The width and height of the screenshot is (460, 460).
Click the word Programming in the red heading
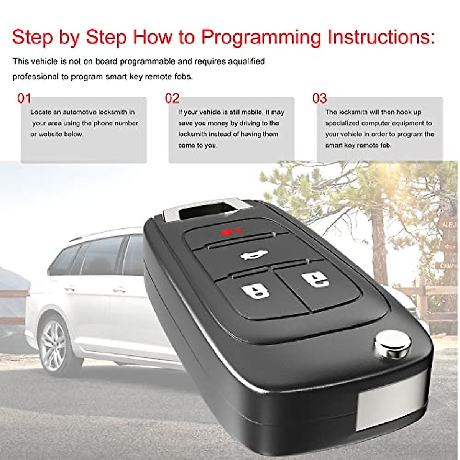click(261, 38)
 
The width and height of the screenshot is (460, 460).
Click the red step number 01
click(24, 99)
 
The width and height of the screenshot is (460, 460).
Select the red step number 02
click(172, 99)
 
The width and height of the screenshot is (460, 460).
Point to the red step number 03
click(319, 99)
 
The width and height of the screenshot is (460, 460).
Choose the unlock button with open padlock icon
click(315, 279)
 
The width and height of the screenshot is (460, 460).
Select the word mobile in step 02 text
click(248, 112)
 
